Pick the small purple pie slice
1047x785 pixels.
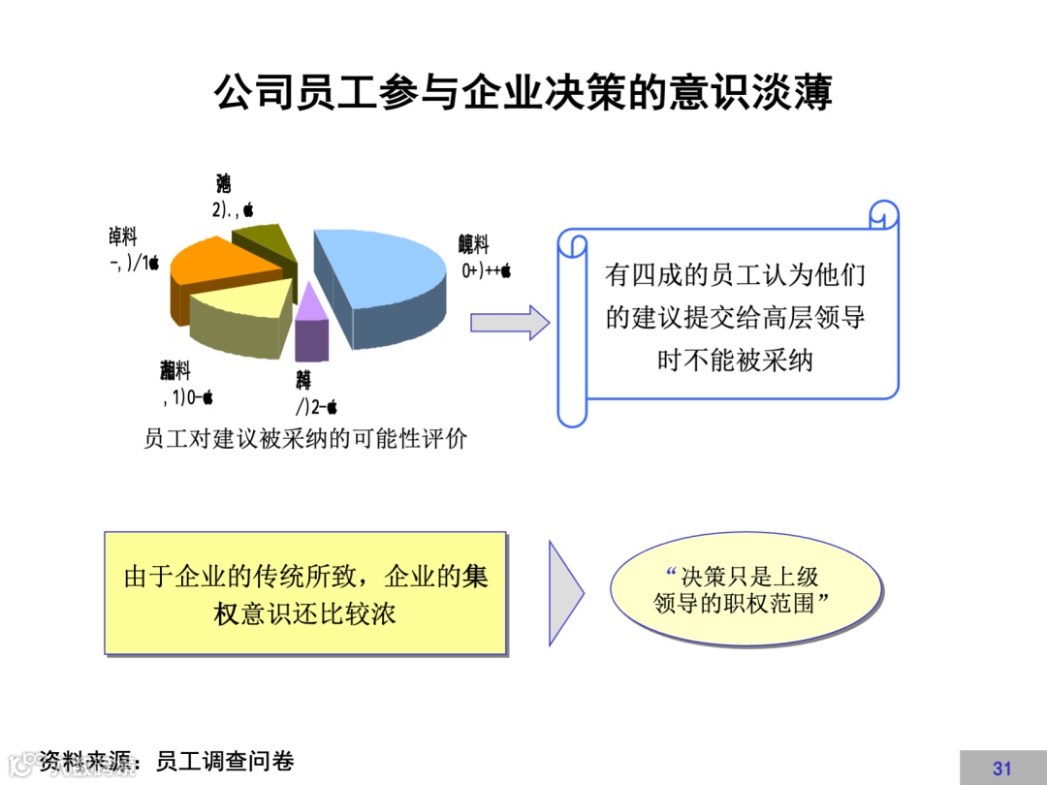pyautogui.click(x=310, y=325)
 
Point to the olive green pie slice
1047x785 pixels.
pyautogui.click(x=267, y=242)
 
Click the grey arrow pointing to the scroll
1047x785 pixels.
pyautogui.click(x=509, y=322)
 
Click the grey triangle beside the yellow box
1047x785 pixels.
pyautogui.click(x=564, y=592)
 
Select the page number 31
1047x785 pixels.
pyautogui.click(x=1001, y=769)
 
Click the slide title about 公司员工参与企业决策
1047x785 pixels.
pyautogui.click(x=523, y=94)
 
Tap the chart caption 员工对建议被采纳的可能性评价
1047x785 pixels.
pyautogui.click(x=305, y=438)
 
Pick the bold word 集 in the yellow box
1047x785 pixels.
pyautogui.click(x=475, y=577)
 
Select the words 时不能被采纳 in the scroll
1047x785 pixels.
pyautogui.click(x=735, y=361)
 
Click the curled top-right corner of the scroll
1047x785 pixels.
pyautogui.click(x=883, y=214)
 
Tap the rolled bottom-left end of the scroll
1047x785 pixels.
pyautogui.click(x=572, y=412)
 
